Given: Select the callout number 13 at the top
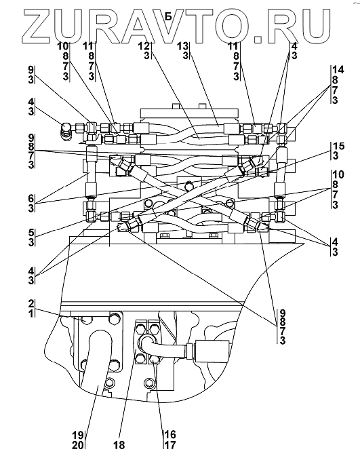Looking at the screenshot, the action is [x=184, y=46].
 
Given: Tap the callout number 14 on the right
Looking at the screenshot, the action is [x=338, y=70].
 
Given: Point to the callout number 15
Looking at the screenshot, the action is [x=339, y=147].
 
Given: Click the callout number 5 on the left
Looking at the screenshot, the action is [x=32, y=233].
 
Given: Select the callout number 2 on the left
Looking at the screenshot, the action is [x=32, y=303].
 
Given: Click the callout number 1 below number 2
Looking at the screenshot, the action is [x=32, y=313].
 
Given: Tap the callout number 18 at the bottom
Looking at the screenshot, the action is [x=120, y=445].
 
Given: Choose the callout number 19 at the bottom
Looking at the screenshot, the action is [x=78, y=435].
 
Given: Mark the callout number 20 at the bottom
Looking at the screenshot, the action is [x=78, y=445].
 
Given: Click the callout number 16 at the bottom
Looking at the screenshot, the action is [x=171, y=435].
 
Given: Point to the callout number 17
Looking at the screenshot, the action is [x=171, y=445].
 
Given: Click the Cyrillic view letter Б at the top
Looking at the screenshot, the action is [x=168, y=16].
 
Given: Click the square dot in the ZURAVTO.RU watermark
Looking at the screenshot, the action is [x=258, y=39].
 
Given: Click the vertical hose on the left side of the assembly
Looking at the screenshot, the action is [x=90, y=172].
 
